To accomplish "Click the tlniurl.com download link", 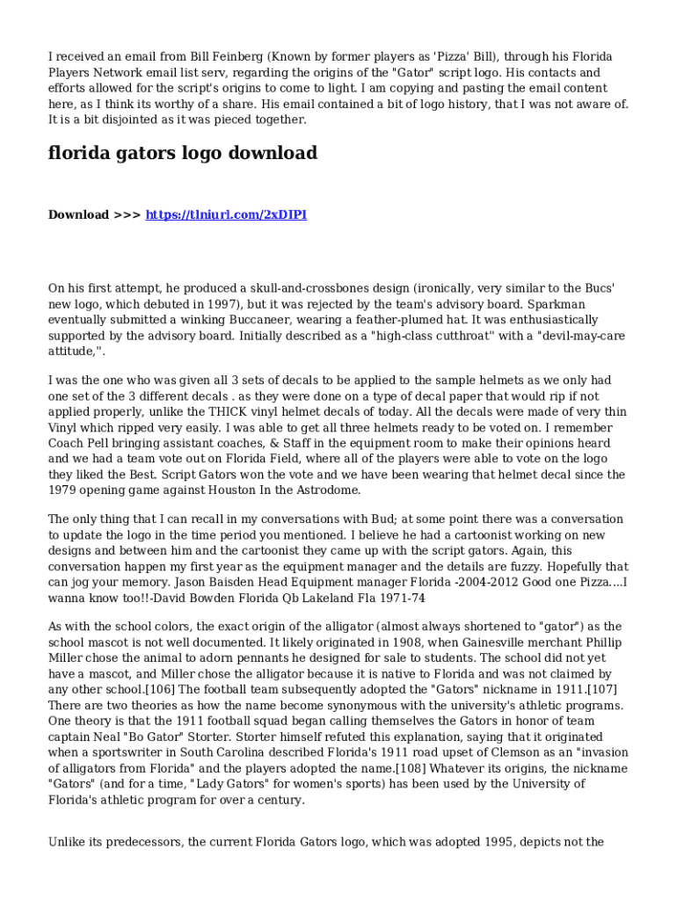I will [226, 215].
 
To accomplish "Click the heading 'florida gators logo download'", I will [182, 154].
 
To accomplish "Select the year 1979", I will [65, 490].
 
